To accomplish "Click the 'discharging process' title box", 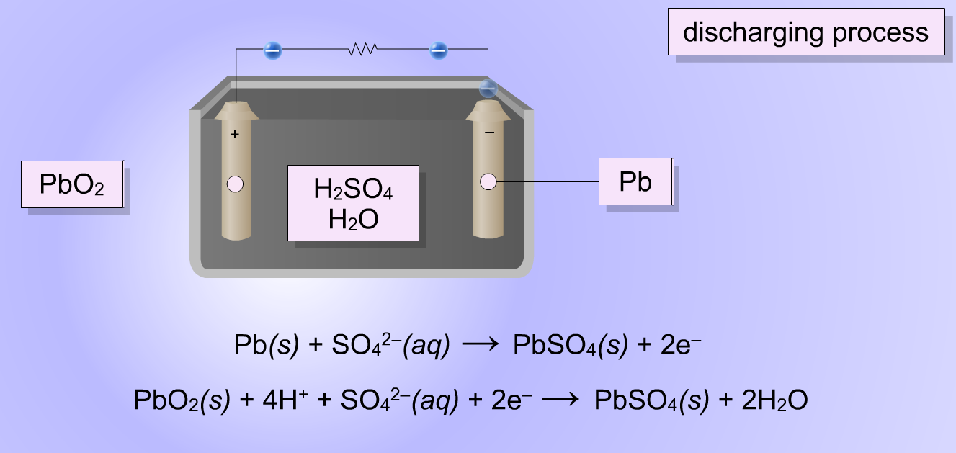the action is [806, 32].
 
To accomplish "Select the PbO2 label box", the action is [72, 184].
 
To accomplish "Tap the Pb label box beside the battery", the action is [635, 181].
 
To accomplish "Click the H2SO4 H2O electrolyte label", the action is [353, 203].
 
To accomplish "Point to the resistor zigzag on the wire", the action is [362, 49].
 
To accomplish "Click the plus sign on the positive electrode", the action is [235, 135].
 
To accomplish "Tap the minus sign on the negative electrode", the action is [489, 133].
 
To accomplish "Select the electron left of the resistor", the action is [273, 50].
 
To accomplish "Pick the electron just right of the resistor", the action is [438, 50].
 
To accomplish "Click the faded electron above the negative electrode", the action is [488, 89].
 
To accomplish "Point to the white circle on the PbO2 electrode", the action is [235, 184].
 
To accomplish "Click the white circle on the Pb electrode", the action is [488, 181].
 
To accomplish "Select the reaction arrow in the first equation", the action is [480, 344].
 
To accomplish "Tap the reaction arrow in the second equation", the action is [560, 400].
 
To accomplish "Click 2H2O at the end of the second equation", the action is [774, 400].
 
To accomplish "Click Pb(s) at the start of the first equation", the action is [267, 345].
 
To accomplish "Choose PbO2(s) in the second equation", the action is [182, 400].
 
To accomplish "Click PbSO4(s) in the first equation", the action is [571, 345].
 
